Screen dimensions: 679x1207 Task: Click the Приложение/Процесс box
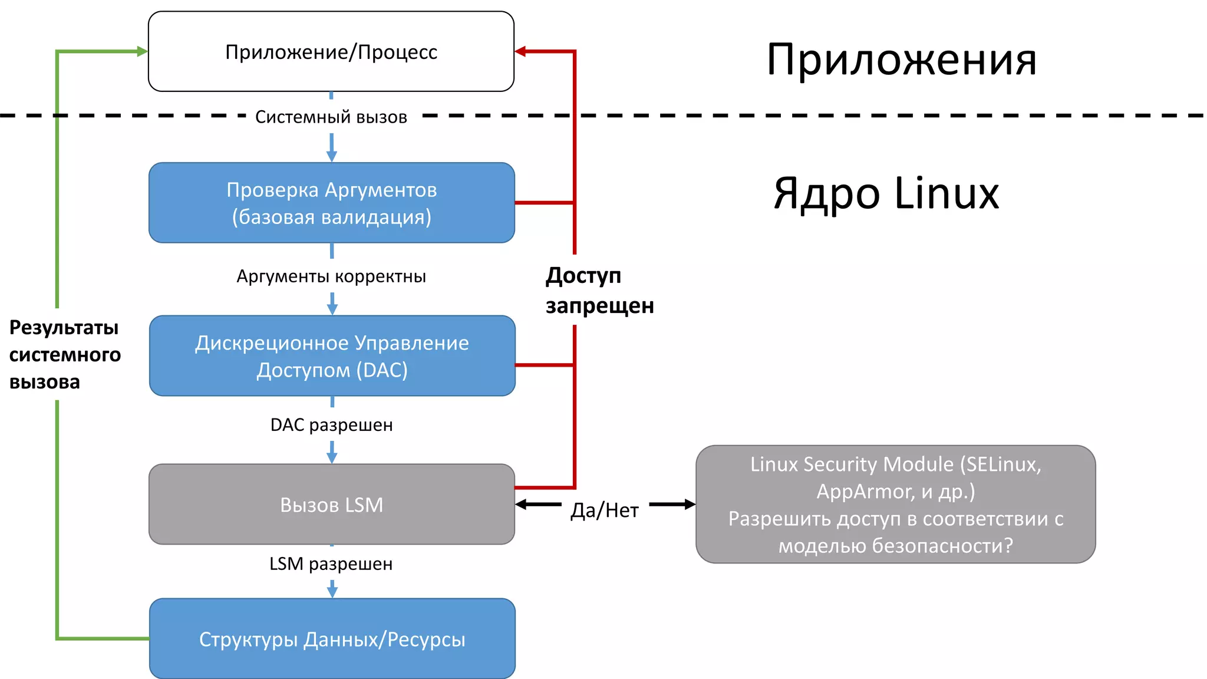point(331,52)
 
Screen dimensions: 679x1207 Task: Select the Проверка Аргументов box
point(331,203)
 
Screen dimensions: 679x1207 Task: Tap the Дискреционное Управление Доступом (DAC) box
point(332,356)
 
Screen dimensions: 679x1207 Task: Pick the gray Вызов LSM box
point(331,505)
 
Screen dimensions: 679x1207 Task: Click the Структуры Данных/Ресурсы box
point(332,639)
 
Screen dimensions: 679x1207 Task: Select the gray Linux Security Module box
point(895,505)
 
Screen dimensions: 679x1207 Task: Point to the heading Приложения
point(901,60)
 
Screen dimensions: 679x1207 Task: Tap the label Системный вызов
point(331,117)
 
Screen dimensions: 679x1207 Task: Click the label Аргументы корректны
point(331,276)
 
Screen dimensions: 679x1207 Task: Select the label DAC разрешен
point(331,425)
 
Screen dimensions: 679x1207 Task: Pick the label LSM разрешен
point(331,564)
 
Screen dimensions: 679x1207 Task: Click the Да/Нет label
point(604,510)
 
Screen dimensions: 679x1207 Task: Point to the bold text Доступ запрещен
point(599,291)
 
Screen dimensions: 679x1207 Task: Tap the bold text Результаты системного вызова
point(64,355)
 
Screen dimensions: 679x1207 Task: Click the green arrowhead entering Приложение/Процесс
point(142,52)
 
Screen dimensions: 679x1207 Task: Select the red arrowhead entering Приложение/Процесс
point(520,52)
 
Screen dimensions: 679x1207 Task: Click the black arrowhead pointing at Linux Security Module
point(690,505)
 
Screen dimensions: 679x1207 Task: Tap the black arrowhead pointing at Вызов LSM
point(521,505)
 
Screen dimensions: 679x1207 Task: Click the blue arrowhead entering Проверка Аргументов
point(332,156)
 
